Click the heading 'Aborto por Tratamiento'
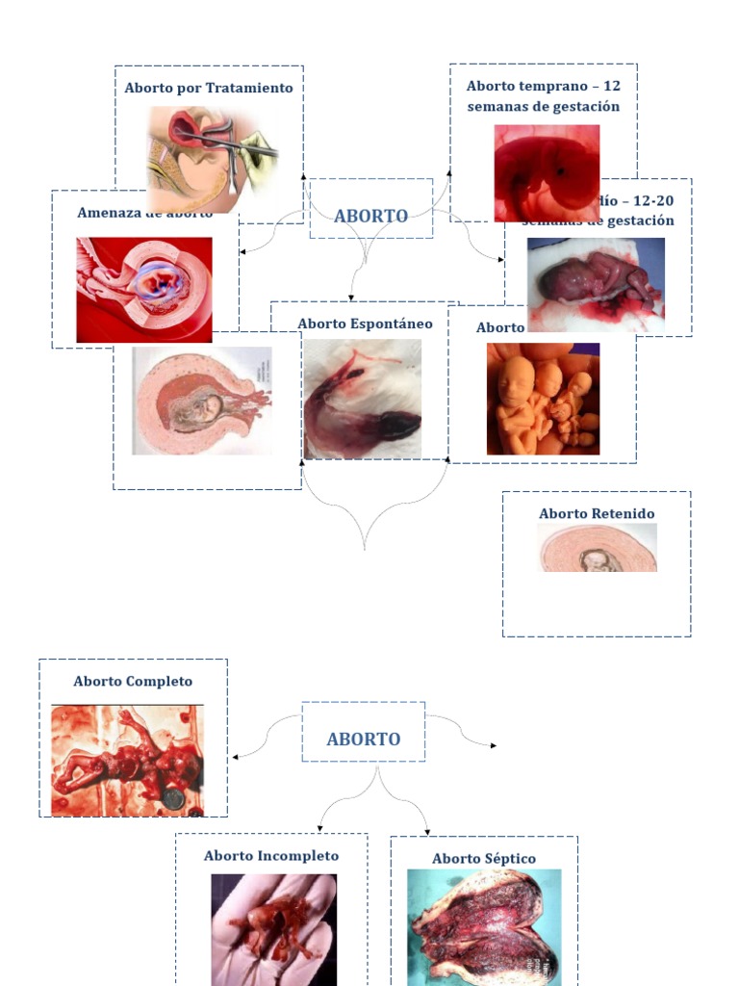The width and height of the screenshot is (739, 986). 209,88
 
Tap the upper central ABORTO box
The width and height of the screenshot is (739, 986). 370,216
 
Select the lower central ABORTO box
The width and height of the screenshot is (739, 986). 363,739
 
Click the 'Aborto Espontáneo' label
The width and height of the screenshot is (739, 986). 365,324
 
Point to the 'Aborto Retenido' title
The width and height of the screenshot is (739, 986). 597,513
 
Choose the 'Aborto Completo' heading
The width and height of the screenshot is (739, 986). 133,681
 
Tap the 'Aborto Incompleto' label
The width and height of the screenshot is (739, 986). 271,855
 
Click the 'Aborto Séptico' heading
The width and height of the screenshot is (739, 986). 484,858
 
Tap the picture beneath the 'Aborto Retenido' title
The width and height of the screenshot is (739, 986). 598,548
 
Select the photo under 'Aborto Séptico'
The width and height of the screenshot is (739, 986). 484,926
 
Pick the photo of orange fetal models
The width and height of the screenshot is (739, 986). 543,399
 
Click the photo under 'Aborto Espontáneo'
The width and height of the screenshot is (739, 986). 363,399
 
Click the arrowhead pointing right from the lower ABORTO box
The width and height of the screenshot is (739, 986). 495,745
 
